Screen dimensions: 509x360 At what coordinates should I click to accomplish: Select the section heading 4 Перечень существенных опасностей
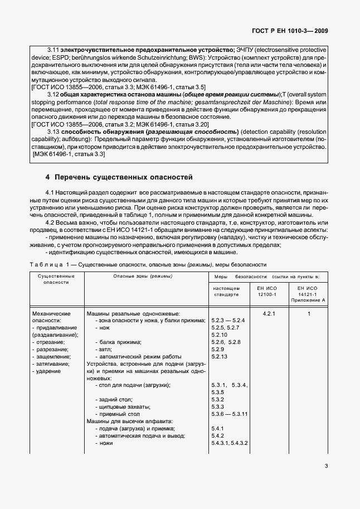119,178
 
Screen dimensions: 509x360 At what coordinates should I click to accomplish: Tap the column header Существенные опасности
56,279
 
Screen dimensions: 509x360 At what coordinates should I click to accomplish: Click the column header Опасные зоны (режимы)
143,276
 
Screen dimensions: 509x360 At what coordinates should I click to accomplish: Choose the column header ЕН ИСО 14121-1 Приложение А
308,293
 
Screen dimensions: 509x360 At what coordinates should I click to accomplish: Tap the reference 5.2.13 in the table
221,356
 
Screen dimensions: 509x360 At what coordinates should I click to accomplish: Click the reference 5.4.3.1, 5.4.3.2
230,443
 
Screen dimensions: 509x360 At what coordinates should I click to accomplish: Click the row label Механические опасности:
52,317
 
